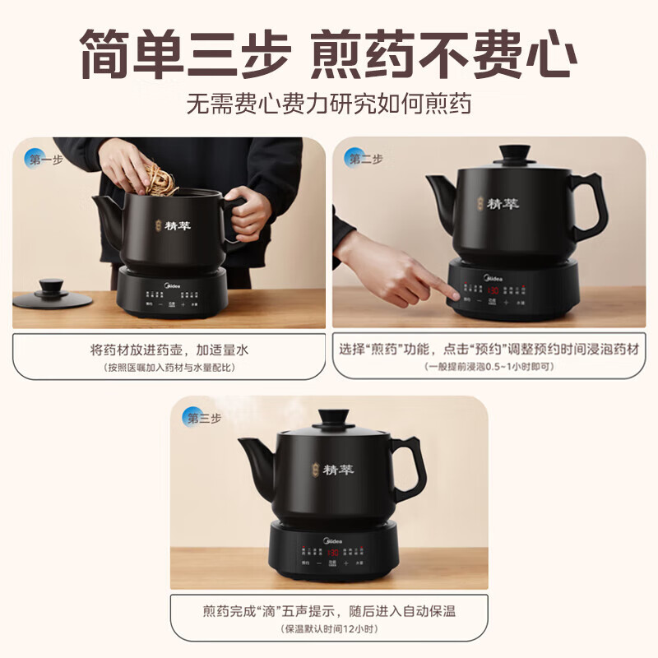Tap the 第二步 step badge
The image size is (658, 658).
click(x=363, y=158)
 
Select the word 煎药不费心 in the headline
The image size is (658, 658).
click(x=443, y=53)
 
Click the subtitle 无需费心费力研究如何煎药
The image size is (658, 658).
click(x=329, y=105)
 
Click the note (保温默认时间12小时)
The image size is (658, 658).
click(x=328, y=628)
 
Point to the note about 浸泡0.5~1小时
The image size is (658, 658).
click(x=489, y=366)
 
